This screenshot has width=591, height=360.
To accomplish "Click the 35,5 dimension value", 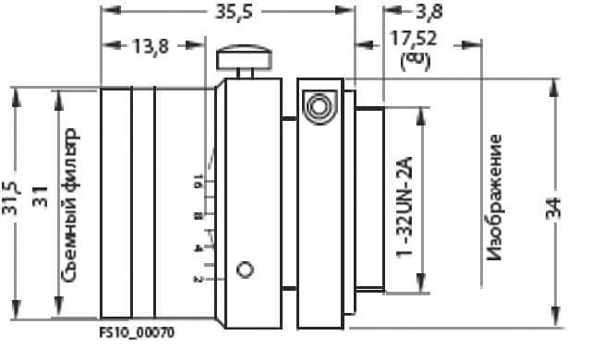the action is click(x=234, y=12).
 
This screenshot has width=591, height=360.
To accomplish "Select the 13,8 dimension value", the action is click(x=150, y=46).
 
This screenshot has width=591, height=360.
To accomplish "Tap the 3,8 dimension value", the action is click(x=429, y=11).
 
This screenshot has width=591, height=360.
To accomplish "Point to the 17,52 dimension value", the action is click(x=414, y=39).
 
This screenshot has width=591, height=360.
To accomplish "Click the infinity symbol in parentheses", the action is click(x=415, y=61).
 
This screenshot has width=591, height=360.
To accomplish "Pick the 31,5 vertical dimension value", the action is click(x=10, y=198).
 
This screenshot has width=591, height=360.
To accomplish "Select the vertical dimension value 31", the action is click(x=41, y=197).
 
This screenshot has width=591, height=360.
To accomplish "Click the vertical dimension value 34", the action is click(x=553, y=209).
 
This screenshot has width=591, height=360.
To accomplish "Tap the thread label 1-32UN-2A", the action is click(x=404, y=208).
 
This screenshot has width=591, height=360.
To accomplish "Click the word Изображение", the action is click(x=494, y=198).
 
